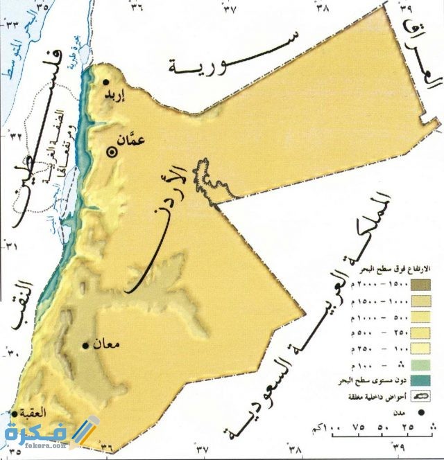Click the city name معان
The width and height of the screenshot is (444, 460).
106,342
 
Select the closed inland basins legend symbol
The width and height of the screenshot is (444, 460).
420,396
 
